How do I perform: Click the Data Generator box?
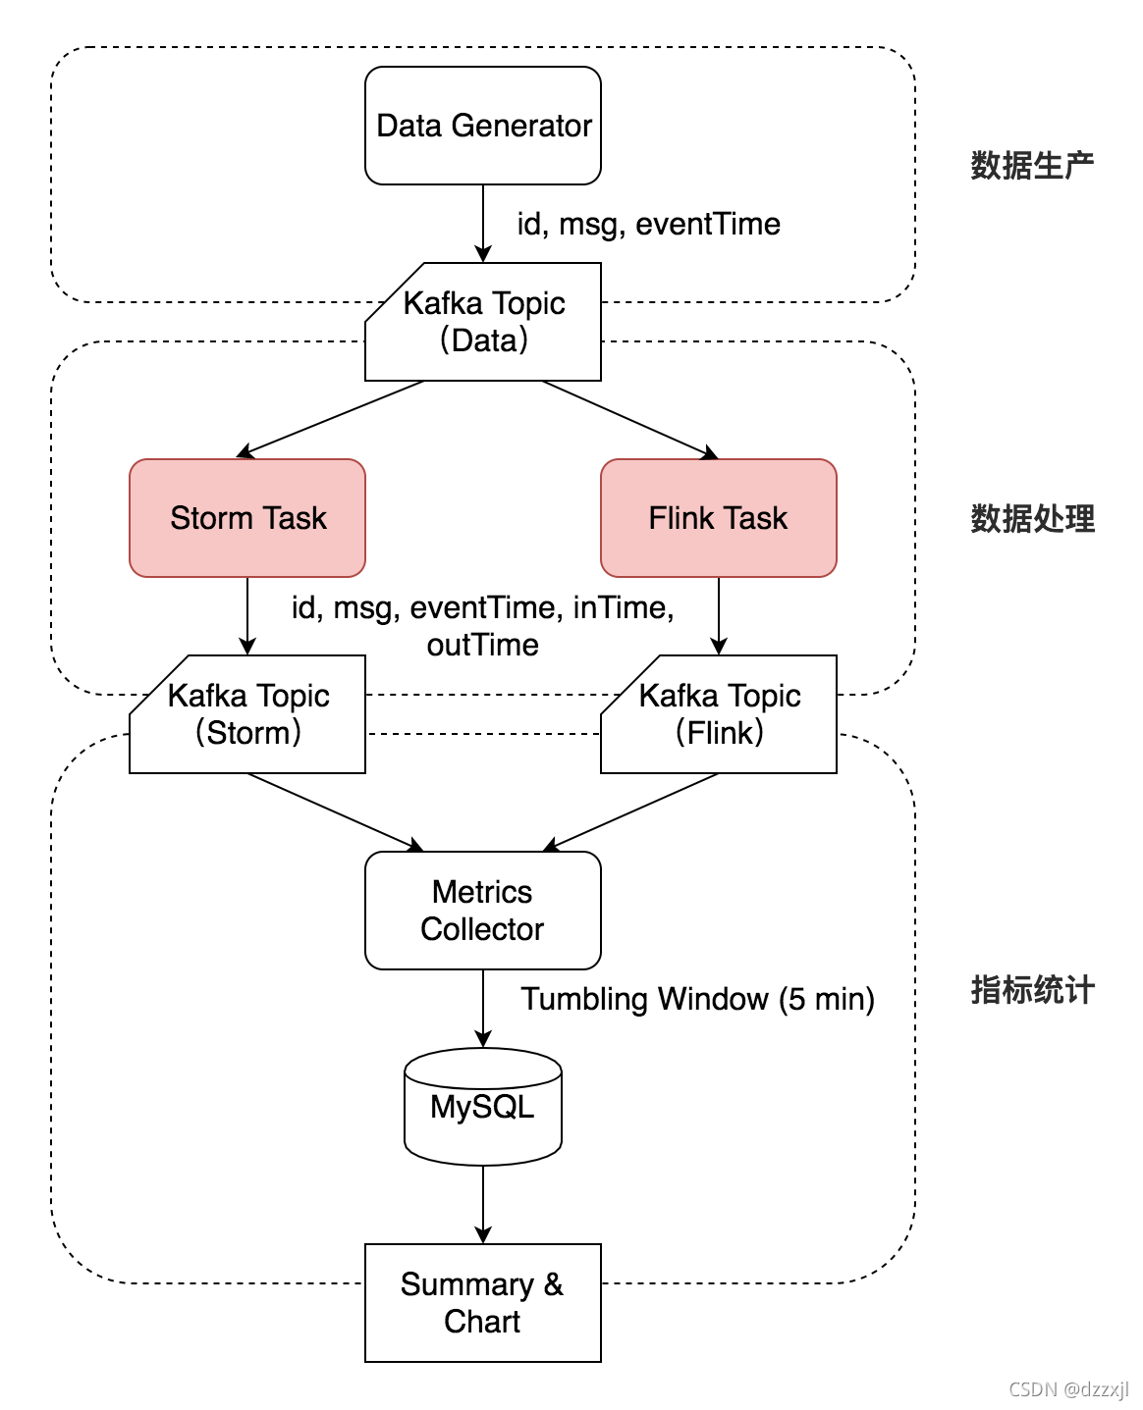[x=482, y=126]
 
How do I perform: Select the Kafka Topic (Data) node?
[x=483, y=322]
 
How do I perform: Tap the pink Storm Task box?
[x=247, y=518]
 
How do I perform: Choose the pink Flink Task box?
[x=718, y=518]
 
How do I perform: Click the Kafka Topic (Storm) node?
[x=247, y=714]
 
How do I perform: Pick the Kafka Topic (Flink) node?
[x=719, y=714]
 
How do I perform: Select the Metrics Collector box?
[x=482, y=911]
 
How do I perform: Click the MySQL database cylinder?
[x=482, y=1107]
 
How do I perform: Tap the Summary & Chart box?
[x=482, y=1303]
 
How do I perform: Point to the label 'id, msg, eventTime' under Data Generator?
[x=648, y=224]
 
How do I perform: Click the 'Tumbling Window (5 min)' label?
[x=697, y=999]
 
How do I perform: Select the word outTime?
[x=482, y=645]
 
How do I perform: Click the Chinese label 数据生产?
[x=1032, y=165]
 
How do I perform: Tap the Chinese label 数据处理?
[x=1032, y=518]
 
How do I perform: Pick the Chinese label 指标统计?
[x=1032, y=989]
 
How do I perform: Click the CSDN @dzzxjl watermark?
[x=1068, y=1389]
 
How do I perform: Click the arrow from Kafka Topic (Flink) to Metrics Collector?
[x=630, y=812]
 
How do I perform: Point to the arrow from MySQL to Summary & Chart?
[x=483, y=1205]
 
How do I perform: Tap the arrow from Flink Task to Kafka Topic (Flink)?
[x=719, y=616]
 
